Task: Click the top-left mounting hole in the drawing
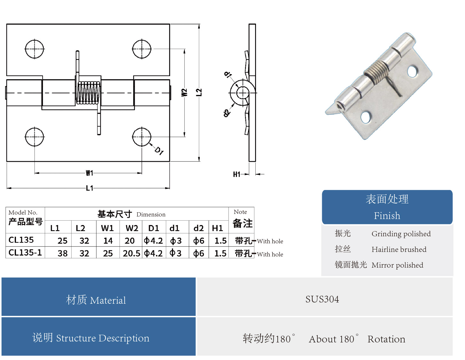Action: click(x=35, y=49)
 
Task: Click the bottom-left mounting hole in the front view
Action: click(x=35, y=137)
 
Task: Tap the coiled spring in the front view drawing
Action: click(x=88, y=93)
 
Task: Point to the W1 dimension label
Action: click(x=89, y=173)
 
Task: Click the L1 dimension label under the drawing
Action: click(x=89, y=188)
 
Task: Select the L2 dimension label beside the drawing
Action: click(x=199, y=92)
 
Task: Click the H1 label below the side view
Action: click(x=236, y=174)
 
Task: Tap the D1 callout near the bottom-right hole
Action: click(x=159, y=151)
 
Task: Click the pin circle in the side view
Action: click(x=243, y=93)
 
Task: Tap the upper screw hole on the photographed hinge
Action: click(x=412, y=71)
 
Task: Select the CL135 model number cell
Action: click(x=21, y=240)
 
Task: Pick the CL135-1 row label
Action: click(x=25, y=253)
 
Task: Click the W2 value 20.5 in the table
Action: click(x=131, y=253)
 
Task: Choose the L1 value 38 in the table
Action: click(x=62, y=253)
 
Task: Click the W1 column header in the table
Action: click(x=107, y=228)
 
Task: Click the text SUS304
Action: click(x=322, y=299)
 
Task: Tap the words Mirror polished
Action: click(x=397, y=265)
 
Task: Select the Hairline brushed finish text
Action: click(x=399, y=249)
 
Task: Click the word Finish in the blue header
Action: click(x=387, y=216)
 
